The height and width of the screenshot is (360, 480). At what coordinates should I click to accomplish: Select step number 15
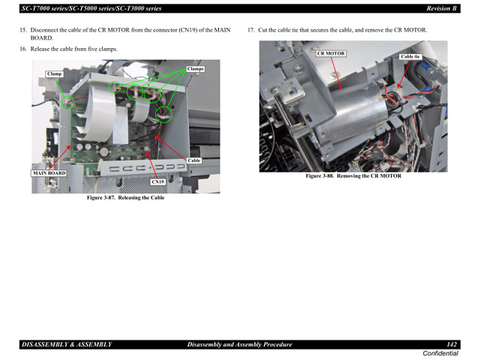[x=22, y=30]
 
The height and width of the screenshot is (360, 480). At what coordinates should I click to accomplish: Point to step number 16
[x=22, y=49]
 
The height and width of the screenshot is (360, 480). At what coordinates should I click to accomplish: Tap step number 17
[x=250, y=30]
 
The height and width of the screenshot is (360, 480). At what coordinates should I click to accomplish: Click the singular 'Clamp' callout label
[x=55, y=73]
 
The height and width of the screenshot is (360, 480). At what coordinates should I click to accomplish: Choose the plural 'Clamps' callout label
[x=195, y=69]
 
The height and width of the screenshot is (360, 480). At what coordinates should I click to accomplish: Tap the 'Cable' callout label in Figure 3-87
[x=194, y=160]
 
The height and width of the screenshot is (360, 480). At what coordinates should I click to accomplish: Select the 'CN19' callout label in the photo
[x=157, y=181]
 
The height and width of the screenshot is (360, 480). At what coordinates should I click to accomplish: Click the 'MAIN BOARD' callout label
[x=49, y=172]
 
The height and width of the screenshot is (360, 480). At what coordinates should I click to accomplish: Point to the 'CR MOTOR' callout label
[x=331, y=53]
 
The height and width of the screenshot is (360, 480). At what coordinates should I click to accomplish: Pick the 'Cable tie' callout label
[x=410, y=56]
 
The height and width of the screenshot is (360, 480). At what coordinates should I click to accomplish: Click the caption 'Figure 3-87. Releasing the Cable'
[x=125, y=198]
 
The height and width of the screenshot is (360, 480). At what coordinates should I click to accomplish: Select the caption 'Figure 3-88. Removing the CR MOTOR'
[x=353, y=176]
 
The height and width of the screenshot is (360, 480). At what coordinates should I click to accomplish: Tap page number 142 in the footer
[x=451, y=343]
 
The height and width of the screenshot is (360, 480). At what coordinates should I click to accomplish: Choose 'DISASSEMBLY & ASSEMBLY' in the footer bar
[x=67, y=343]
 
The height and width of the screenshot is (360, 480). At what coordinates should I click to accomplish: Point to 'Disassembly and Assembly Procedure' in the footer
[x=239, y=343]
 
